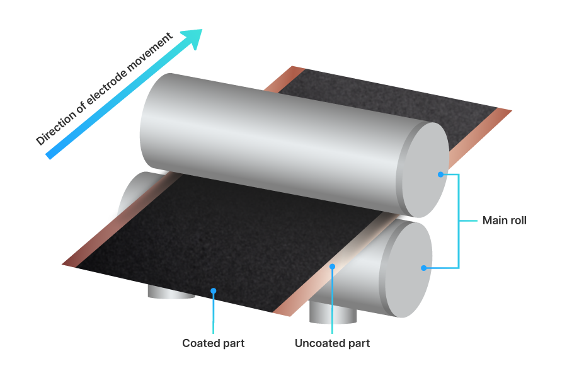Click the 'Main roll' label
click(504, 220)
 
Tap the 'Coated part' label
click(213, 343)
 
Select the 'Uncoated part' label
click(332, 343)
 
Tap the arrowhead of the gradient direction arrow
click(192, 38)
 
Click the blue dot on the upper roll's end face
click(441, 174)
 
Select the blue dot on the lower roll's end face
click(424, 268)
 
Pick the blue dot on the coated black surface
click(214, 290)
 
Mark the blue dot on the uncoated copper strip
click(332, 266)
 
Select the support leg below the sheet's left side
click(170, 292)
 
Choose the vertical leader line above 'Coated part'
click(214, 312)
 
